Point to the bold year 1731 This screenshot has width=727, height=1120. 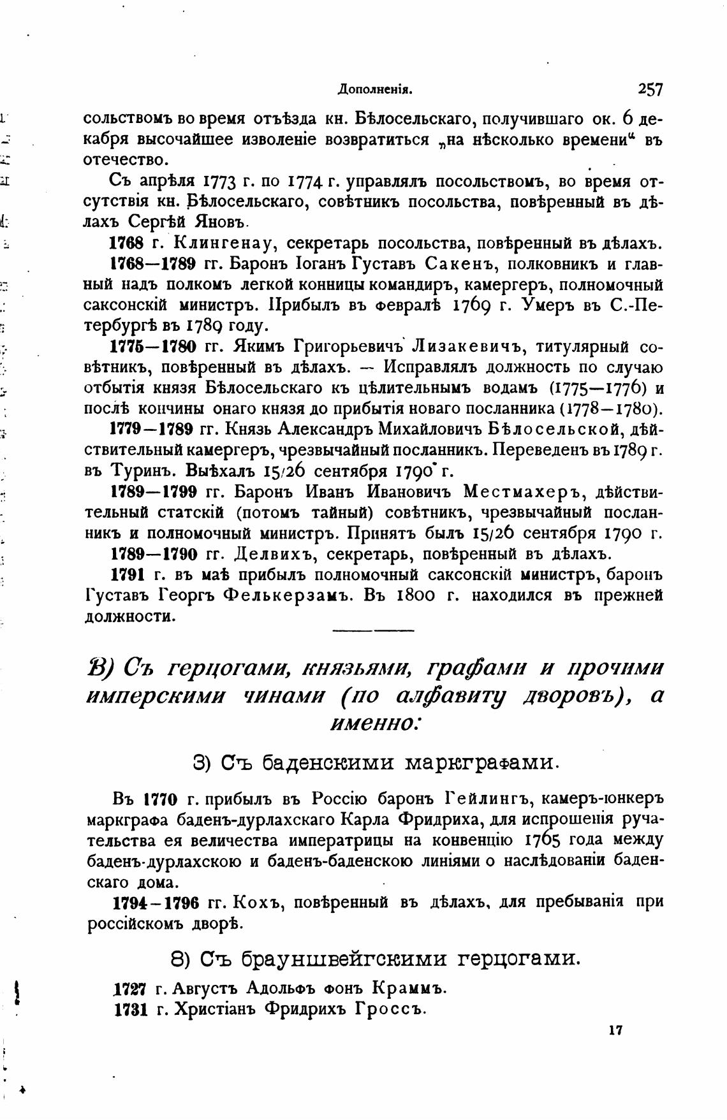pos(131,1009)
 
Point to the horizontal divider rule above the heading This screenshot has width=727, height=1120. pos(374,631)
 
